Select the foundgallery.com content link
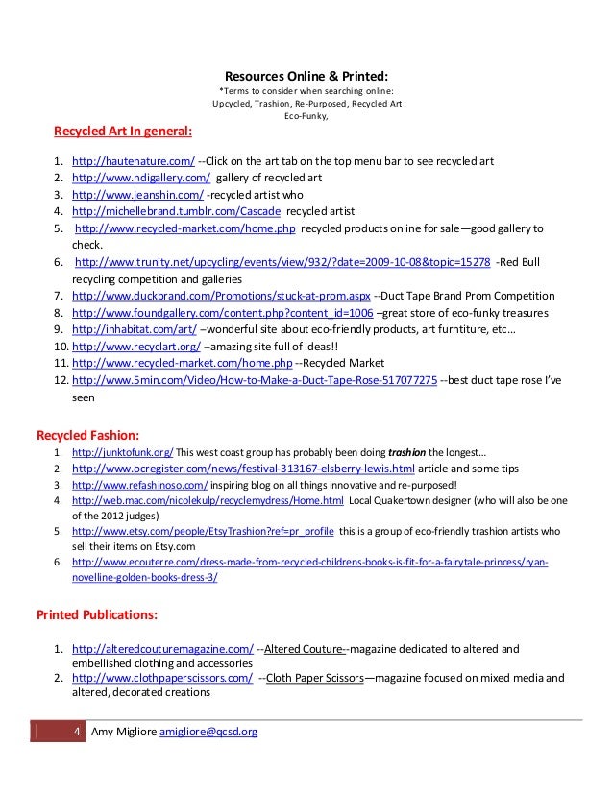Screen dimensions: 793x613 click(222, 313)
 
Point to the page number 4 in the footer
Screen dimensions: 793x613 click(77, 733)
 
